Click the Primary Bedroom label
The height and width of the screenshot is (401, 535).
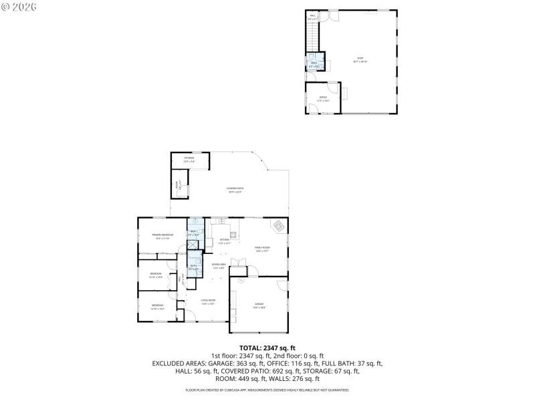point(163,236)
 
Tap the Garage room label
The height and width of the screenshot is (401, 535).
point(259,305)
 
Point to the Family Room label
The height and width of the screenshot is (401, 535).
point(261,249)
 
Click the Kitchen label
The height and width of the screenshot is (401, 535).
point(224,241)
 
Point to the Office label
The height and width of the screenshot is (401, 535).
point(323,98)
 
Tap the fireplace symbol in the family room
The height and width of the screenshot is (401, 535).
point(278,226)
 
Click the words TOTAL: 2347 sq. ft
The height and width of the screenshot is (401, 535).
point(267,348)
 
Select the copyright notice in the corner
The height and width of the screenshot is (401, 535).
point(18,7)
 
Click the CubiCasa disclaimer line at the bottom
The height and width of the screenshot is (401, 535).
point(267,390)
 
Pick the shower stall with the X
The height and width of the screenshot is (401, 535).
point(193,245)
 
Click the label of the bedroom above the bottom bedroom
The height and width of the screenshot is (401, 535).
point(156,275)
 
